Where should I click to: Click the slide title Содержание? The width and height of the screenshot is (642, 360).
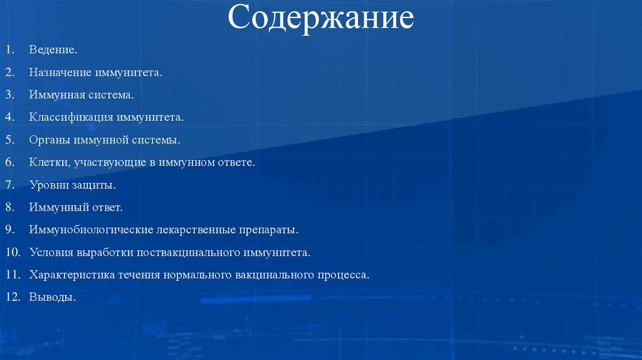pyautogui.click(x=320, y=18)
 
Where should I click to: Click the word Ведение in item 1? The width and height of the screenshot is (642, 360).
pyautogui.click(x=52, y=49)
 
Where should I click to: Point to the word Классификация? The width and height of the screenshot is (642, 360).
pyautogui.click(x=70, y=117)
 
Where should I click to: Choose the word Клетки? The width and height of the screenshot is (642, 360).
pyautogui.click(x=48, y=162)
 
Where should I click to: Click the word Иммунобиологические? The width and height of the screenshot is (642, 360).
pyautogui.click(x=87, y=230)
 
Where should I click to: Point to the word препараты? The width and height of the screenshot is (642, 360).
pyautogui.click(x=268, y=230)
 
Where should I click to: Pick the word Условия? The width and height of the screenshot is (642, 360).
pyautogui.click(x=51, y=252)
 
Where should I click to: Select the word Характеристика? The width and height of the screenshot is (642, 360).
pyautogui.click(x=71, y=275)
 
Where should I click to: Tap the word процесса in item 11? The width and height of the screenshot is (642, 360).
pyautogui.click(x=344, y=275)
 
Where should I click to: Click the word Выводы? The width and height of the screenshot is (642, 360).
pyautogui.click(x=51, y=297)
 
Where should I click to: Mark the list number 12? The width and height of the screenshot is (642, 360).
pyautogui.click(x=13, y=297)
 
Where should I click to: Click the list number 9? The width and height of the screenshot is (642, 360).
pyautogui.click(x=10, y=230)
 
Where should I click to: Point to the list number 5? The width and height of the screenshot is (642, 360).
pyautogui.click(x=10, y=140)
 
